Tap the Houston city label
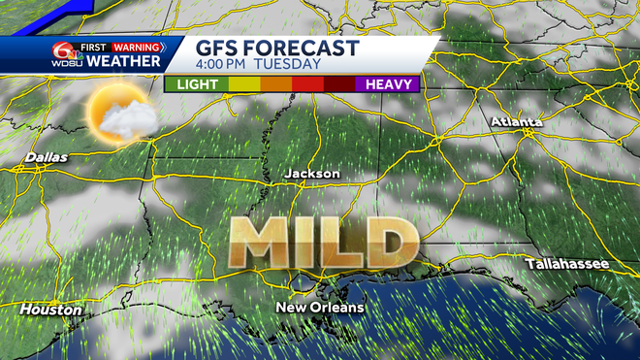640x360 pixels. (50, 310)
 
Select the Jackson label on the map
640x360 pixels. (312, 173)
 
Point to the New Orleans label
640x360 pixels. (320, 308)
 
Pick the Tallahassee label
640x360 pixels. (567, 264)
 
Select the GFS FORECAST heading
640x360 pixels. (277, 48)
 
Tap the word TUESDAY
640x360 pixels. (288, 65)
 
